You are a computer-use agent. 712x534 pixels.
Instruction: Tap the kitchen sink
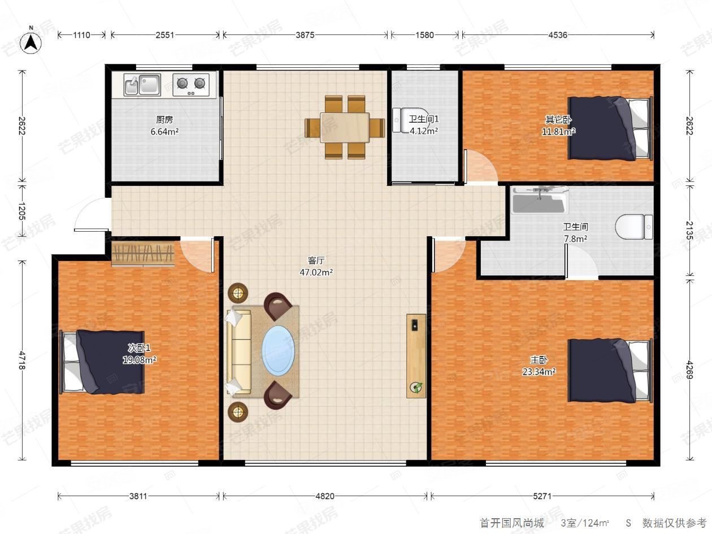coord(142,84)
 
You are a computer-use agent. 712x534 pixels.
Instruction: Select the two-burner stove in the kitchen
coord(191,85)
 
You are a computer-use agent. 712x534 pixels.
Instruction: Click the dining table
coord(345,127)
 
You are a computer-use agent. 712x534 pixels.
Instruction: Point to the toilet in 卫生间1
coord(407,120)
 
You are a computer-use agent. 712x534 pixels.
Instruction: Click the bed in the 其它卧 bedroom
coord(610,128)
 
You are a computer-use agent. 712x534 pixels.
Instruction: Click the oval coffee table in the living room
coord(278,351)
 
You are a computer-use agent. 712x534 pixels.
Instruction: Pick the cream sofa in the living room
coord(238,352)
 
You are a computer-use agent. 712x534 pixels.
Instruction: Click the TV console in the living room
coord(416,355)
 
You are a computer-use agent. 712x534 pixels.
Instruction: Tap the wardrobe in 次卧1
coord(143,254)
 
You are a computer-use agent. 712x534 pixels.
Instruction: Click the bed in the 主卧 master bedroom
coord(610,371)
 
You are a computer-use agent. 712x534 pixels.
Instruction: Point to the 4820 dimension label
coord(325,496)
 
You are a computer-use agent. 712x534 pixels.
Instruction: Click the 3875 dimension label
coord(305,34)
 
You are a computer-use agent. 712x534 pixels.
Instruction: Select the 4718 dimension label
coord(21,360)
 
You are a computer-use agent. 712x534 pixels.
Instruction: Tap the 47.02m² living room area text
coord(316,272)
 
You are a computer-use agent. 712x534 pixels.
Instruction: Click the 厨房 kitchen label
coord(164,120)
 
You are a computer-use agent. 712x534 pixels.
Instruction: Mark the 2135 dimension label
coord(689,230)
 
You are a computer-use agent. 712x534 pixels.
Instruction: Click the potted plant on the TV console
coord(416,387)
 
